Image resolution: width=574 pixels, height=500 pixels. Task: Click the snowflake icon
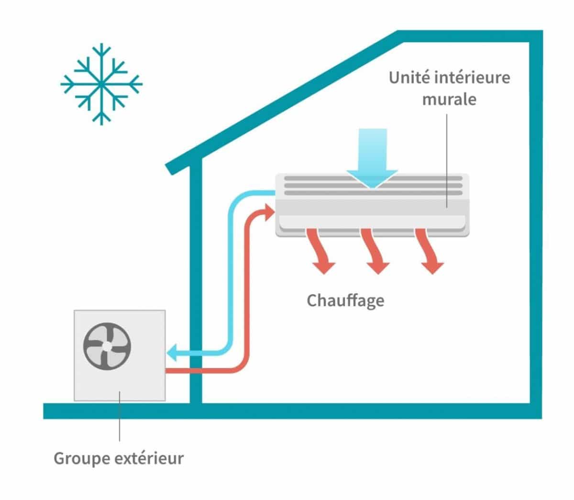click(101, 84)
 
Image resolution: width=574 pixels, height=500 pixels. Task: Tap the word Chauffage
click(345, 300)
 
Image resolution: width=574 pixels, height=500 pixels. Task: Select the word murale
click(449, 100)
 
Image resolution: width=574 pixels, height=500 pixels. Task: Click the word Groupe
click(82, 458)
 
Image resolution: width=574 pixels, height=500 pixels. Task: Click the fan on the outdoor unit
click(107, 344)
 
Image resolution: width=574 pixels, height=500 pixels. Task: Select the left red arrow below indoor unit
click(320, 251)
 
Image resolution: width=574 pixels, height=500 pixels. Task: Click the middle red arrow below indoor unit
click(373, 251)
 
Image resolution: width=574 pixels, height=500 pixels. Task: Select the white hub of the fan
click(107, 344)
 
